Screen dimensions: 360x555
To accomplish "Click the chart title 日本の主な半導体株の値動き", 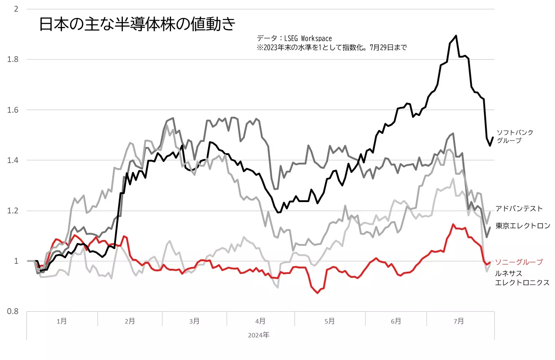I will (x=137, y=24).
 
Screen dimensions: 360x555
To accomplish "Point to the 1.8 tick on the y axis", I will (x=13, y=59).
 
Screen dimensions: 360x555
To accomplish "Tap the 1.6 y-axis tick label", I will (x=13, y=110).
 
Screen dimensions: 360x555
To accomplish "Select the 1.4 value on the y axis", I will (x=13, y=160).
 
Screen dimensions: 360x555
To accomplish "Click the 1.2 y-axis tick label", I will (x=13, y=211).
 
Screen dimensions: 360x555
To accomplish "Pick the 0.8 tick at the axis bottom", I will (x=13, y=311).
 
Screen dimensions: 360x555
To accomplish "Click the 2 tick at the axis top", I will (x=16, y=9).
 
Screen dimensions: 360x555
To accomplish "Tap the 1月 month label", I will (x=62, y=321).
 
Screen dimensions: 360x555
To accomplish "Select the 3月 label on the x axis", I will (x=194, y=321).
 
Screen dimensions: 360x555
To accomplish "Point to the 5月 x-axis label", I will (x=330, y=321).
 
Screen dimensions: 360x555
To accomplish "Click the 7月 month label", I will (x=459, y=321).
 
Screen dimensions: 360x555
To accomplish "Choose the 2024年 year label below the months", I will (x=259, y=335).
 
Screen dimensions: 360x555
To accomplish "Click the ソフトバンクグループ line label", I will (x=515, y=136).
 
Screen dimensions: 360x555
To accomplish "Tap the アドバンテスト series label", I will (x=519, y=209).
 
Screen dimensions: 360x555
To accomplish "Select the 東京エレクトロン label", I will (x=523, y=226).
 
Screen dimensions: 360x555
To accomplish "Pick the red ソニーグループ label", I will (x=519, y=262).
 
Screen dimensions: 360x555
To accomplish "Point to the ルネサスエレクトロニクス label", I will (x=522, y=278).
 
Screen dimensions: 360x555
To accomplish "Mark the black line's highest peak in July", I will (x=456, y=36).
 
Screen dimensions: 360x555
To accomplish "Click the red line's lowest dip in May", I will (x=318, y=293).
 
